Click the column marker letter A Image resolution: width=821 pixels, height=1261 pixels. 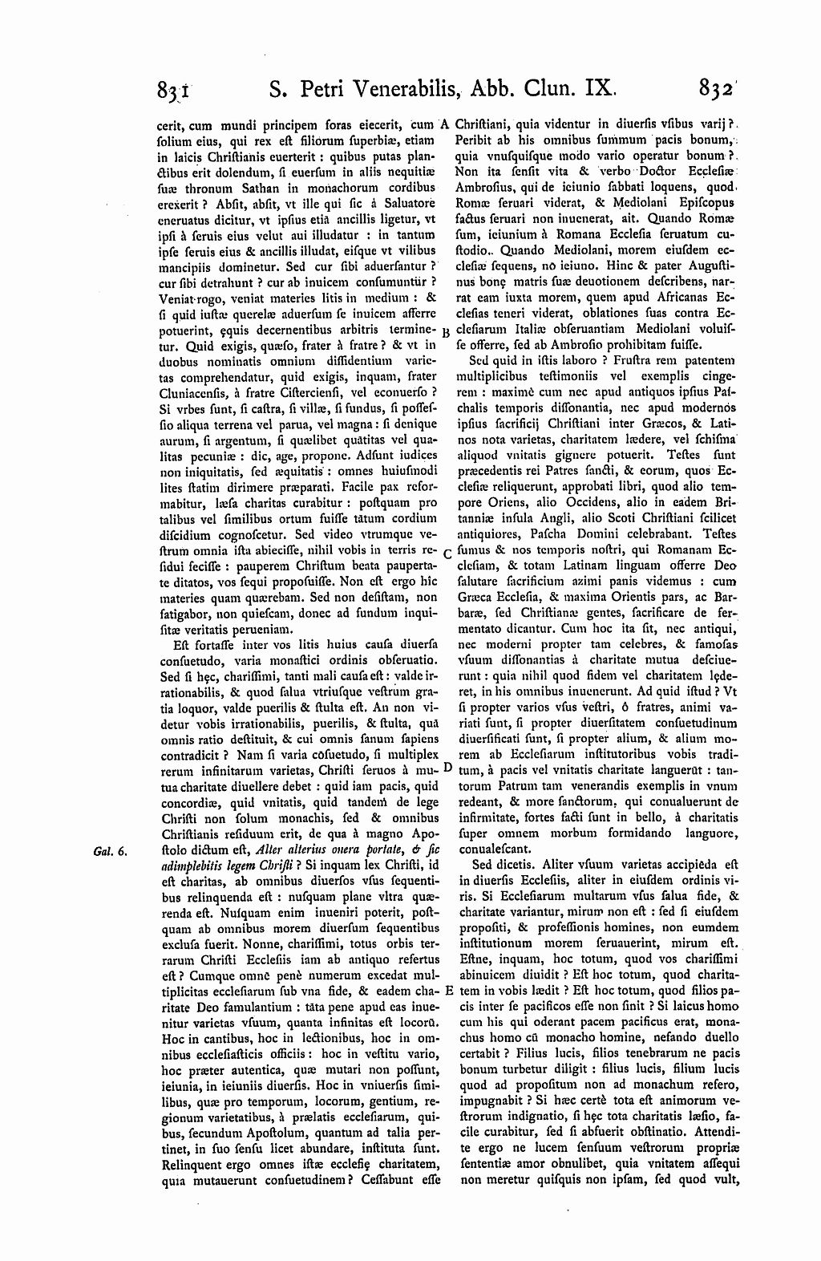click(446, 124)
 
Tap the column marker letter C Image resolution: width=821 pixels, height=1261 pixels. click(447, 553)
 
